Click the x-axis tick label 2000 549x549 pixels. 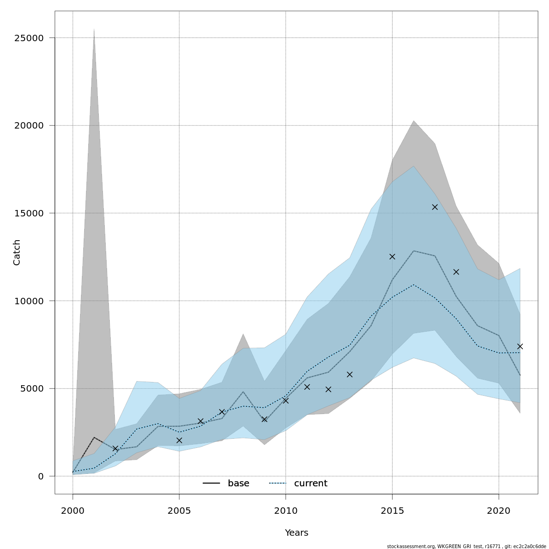(73, 511)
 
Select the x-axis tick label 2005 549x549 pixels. (179, 511)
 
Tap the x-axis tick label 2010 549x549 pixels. (285, 511)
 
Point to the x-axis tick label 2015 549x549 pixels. (392, 511)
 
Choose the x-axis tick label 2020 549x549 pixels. (499, 511)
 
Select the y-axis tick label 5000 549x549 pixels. (33, 388)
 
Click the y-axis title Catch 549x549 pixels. (17, 252)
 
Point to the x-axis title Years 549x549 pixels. (296, 533)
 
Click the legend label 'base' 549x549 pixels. (238, 484)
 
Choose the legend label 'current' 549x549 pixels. (311, 484)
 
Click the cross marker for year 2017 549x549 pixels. (435, 207)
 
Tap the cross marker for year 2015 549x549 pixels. (392, 257)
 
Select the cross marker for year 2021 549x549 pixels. (520, 346)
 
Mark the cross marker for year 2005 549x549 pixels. (179, 440)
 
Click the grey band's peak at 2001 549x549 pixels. (94, 29)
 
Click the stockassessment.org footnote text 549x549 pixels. (466, 546)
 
